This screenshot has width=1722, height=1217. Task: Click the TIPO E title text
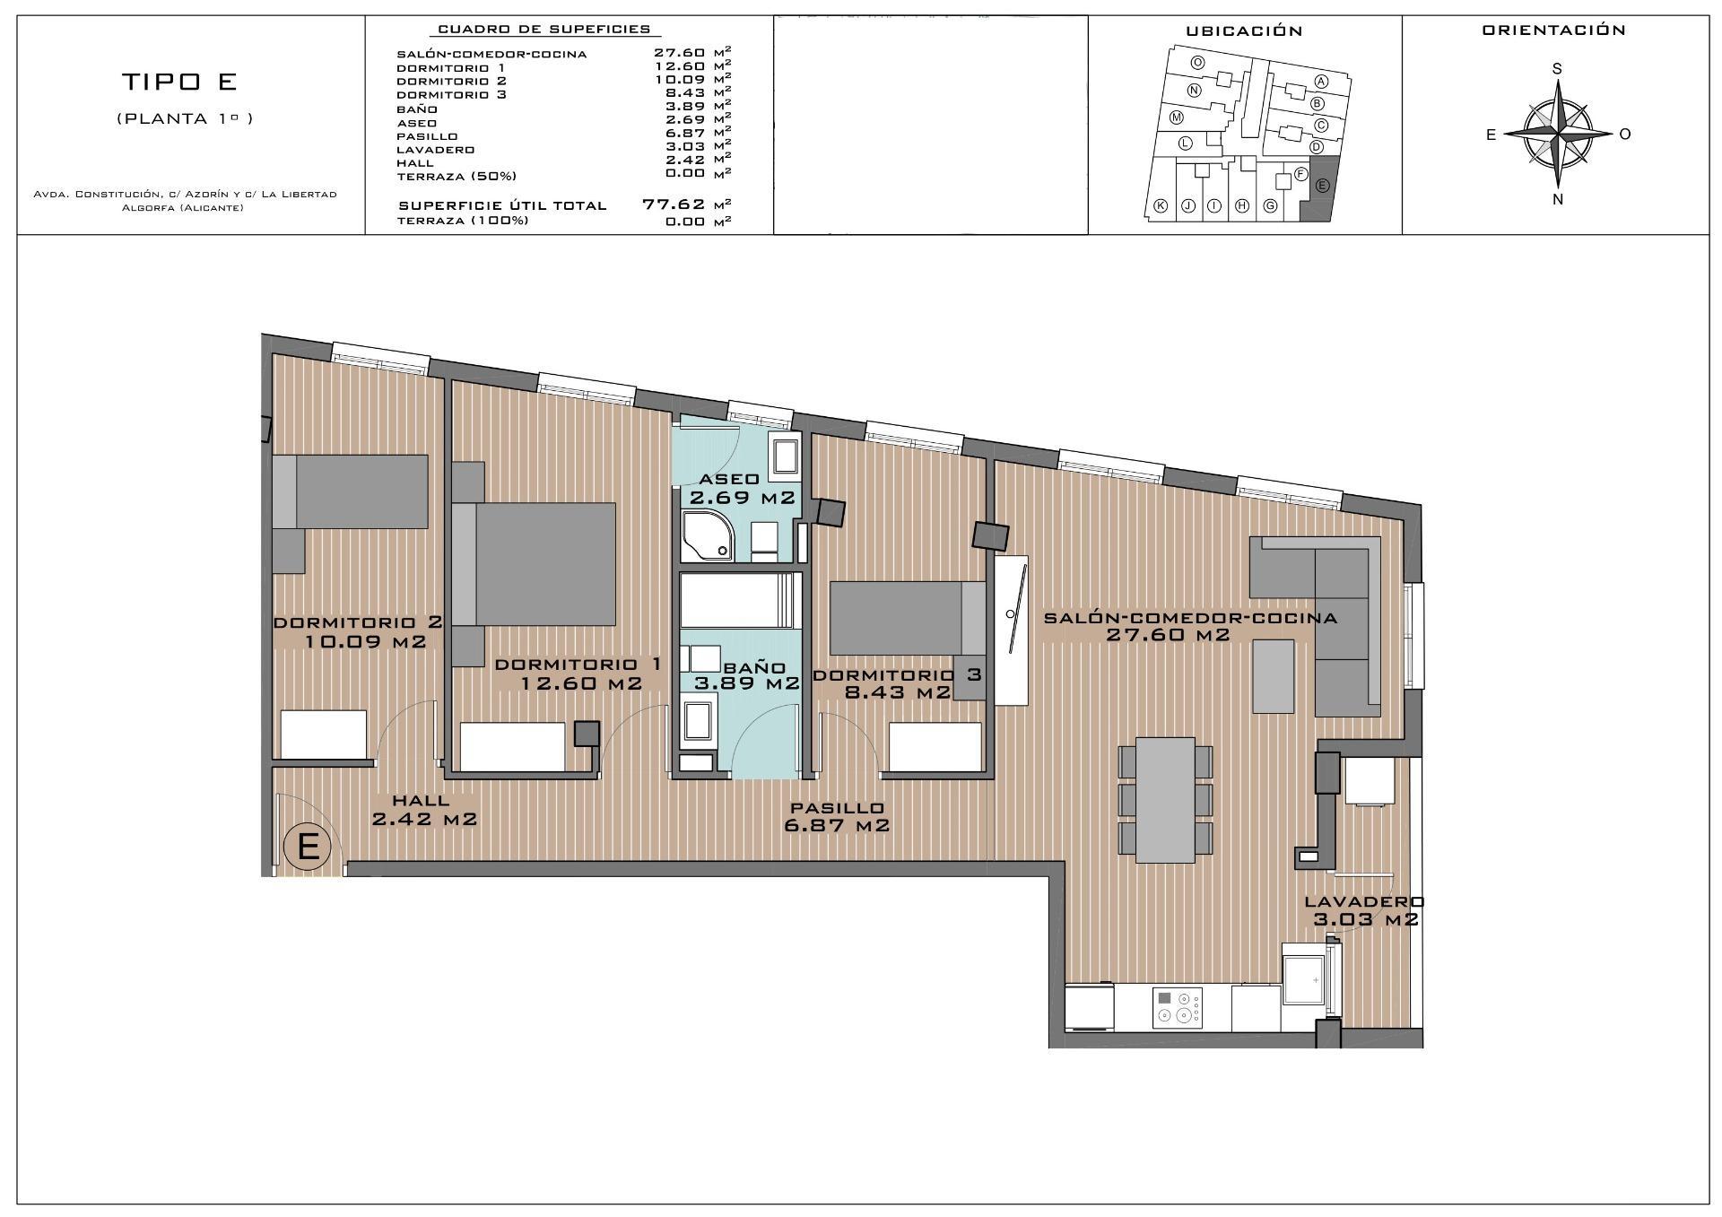tap(179, 82)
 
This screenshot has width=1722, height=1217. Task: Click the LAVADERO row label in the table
tap(436, 150)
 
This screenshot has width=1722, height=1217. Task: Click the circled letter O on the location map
tap(1197, 63)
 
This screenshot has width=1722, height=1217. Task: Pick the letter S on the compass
tap(1557, 69)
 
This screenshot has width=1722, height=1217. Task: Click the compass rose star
tap(1559, 135)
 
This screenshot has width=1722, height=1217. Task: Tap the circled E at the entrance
tap(308, 846)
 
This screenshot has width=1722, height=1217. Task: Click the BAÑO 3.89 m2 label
tap(746, 675)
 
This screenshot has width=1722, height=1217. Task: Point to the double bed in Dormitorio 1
tap(544, 563)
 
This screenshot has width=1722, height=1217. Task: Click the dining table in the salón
tap(1165, 799)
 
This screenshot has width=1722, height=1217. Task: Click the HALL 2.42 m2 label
tap(422, 810)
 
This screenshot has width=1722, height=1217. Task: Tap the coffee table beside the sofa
tap(1273, 675)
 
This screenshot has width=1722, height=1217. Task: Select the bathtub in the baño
tap(738, 600)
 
